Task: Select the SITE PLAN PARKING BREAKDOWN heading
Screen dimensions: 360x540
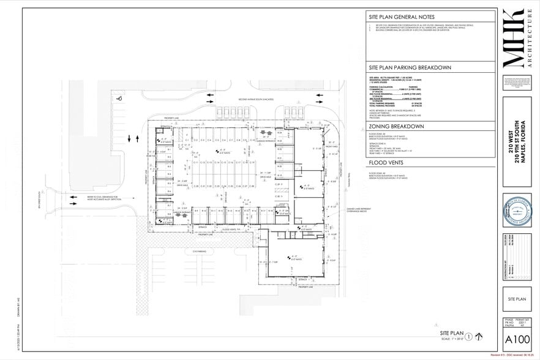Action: pos(410,67)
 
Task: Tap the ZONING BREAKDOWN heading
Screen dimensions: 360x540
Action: pos(396,126)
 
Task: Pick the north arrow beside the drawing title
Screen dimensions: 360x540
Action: pos(479,336)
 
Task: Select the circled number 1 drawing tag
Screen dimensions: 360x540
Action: pos(468,336)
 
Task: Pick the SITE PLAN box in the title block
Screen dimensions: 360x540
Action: pos(517,299)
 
